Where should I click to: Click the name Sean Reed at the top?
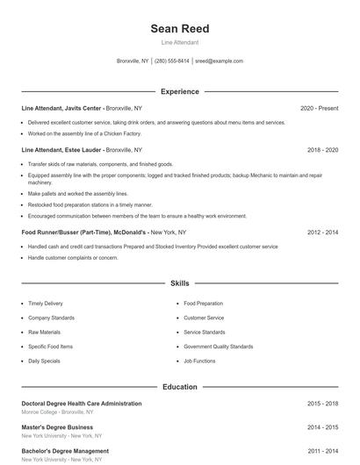(180, 28)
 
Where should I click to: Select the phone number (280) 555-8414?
(171, 61)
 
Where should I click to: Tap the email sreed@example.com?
(219, 61)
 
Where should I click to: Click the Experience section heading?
(180, 91)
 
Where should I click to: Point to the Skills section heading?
(180, 283)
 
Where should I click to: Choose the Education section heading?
(180, 386)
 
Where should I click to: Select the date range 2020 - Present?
(319, 108)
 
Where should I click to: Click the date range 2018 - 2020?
(322, 150)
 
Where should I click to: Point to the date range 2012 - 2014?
(322, 232)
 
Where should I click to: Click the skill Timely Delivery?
(46, 304)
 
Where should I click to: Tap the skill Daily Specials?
(45, 361)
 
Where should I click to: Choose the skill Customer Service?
(204, 318)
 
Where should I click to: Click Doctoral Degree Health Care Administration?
(82, 404)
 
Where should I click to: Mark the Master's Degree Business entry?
(56, 427)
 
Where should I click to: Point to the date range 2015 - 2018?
(322, 404)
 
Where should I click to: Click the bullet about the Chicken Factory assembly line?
(84, 133)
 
